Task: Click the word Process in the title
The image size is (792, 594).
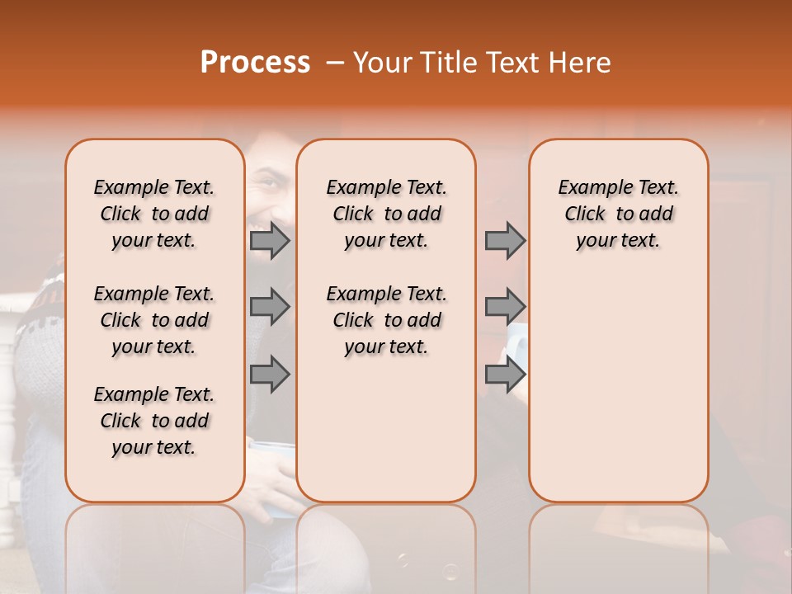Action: (x=254, y=63)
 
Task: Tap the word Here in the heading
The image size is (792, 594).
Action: (x=579, y=63)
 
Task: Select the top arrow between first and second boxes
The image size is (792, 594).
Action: (x=269, y=241)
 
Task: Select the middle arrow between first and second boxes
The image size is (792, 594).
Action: (x=269, y=308)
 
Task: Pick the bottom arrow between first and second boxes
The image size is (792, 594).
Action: (x=269, y=375)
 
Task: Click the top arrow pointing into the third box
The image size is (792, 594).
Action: (x=504, y=241)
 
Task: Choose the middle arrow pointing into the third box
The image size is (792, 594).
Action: (x=504, y=308)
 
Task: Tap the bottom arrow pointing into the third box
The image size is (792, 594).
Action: (x=504, y=375)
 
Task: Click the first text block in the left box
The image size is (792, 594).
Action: (x=154, y=214)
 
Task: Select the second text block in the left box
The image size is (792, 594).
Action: (x=154, y=320)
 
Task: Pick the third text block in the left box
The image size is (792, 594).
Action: (x=154, y=421)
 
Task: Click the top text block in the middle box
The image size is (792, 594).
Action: (x=386, y=214)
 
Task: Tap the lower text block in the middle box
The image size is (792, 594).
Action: (x=386, y=320)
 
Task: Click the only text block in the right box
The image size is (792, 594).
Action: (x=618, y=214)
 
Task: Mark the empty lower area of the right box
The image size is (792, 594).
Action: (x=618, y=388)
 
